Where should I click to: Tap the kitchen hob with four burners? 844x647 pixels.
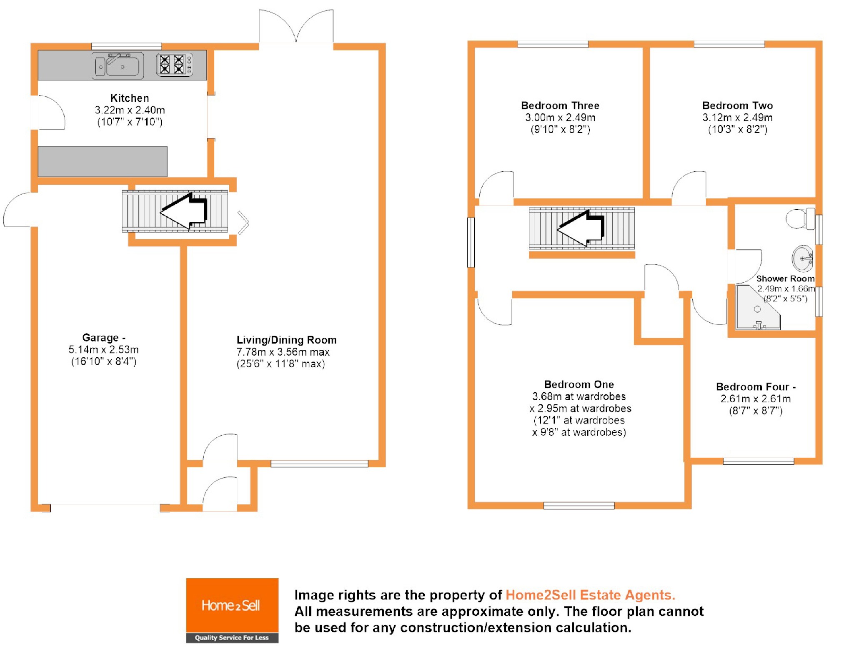click(175, 65)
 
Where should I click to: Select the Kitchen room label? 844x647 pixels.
click(130, 98)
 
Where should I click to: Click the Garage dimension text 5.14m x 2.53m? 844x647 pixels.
click(103, 349)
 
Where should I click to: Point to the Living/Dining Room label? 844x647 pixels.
click(286, 340)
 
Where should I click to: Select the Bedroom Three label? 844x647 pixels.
click(560, 105)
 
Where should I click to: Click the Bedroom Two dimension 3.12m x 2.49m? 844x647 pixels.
click(737, 118)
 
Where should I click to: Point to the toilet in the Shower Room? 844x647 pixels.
click(800, 218)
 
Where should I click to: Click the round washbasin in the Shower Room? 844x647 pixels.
click(802, 258)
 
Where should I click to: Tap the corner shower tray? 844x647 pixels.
click(756, 308)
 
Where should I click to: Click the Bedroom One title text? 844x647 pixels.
click(579, 384)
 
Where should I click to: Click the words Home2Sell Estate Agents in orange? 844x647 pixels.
click(590, 595)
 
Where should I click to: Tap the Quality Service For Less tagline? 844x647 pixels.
click(232, 637)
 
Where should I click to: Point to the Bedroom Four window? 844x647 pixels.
click(758, 461)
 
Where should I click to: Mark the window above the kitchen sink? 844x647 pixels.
click(126, 46)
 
